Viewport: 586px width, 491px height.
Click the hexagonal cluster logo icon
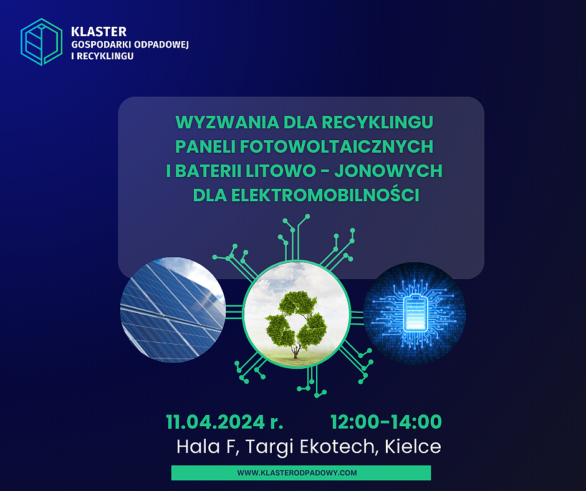pos(41,42)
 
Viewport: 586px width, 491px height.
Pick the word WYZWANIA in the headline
pos(213,122)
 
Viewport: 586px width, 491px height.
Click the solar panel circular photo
pos(173,310)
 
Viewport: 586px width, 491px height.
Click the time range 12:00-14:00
pos(386,422)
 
